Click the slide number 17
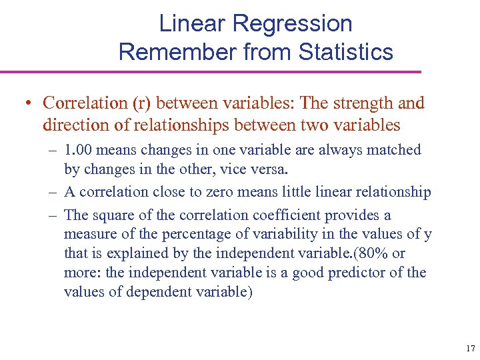click(x=470, y=348)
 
